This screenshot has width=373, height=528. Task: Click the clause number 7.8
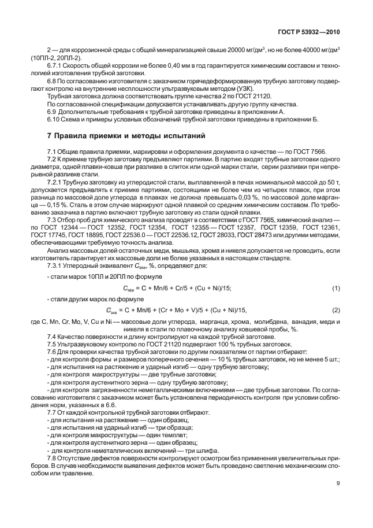click(53, 457)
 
